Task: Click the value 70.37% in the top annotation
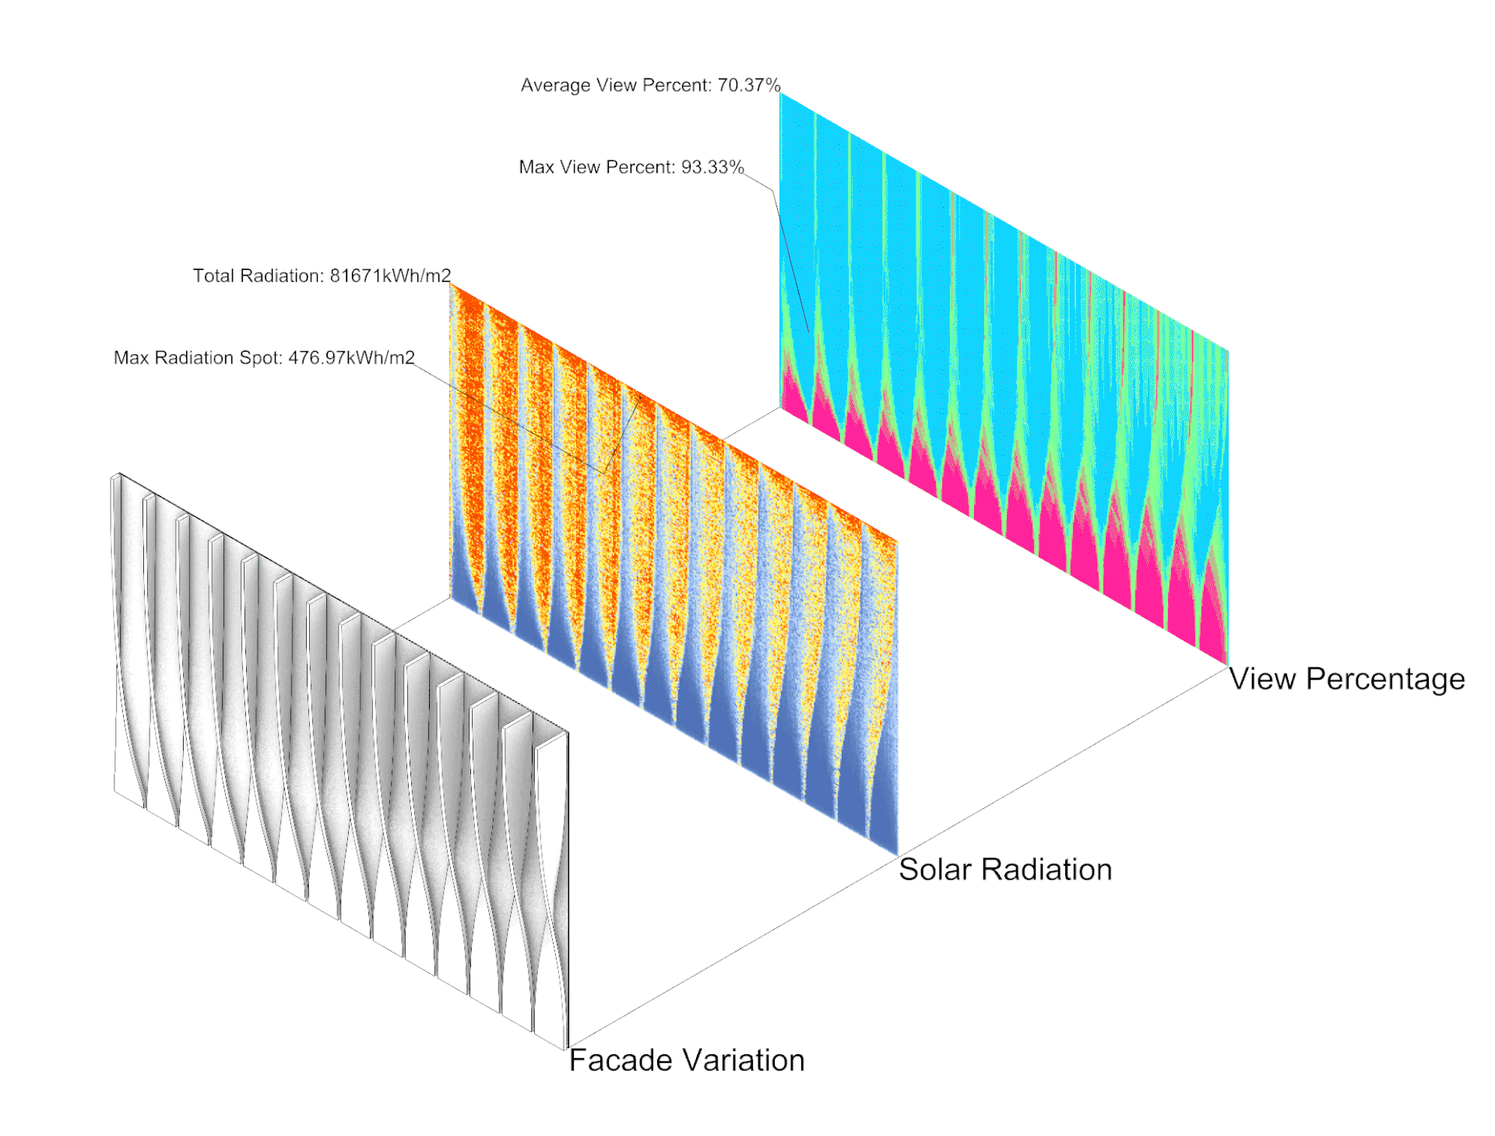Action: pos(748,85)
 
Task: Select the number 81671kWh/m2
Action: pos(390,276)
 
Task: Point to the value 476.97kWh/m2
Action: pos(351,358)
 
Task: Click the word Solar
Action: pos(934,870)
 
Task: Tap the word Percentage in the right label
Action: pos(1385,679)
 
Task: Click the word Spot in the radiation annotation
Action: pos(263,358)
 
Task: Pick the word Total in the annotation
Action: pos(213,276)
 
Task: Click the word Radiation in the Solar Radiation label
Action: pos(1046,870)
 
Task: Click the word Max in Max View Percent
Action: pos(536,167)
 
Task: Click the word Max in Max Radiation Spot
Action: pos(131,358)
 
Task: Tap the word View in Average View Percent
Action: pos(613,85)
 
